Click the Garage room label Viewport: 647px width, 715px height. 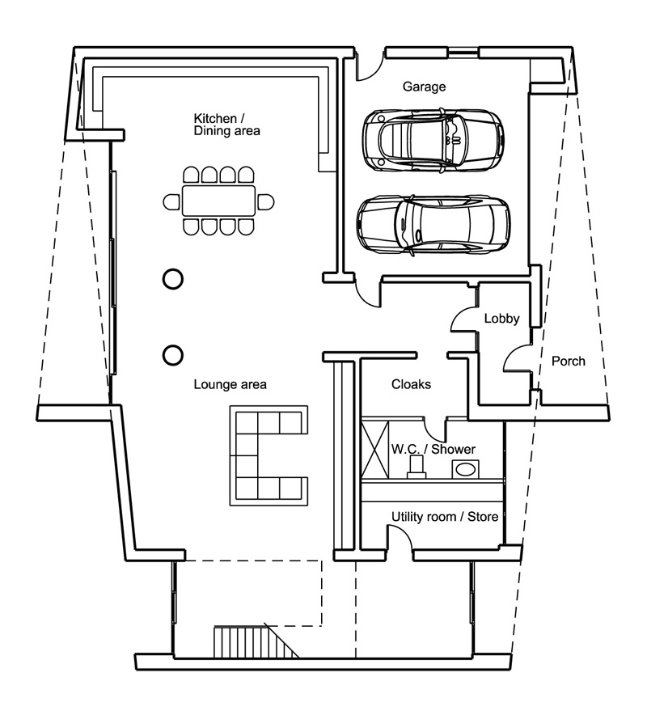pyautogui.click(x=424, y=87)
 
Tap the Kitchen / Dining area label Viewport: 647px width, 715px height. pyautogui.click(x=226, y=125)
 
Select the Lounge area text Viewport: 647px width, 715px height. pyautogui.click(x=230, y=384)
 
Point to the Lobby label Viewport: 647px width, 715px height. pyautogui.click(x=501, y=319)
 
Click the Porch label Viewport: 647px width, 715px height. pyautogui.click(x=568, y=362)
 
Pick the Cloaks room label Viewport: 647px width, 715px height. pyautogui.click(x=411, y=384)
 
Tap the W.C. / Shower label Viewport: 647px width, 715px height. pyautogui.click(x=433, y=449)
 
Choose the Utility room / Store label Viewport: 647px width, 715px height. pyautogui.click(x=445, y=517)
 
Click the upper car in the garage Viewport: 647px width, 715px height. pyautogui.click(x=433, y=140)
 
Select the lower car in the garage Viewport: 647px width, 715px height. pyautogui.click(x=433, y=224)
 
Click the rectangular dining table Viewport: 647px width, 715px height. pyautogui.click(x=218, y=201)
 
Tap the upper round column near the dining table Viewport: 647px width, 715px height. pyautogui.click(x=173, y=279)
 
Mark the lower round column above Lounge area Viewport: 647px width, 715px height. pyautogui.click(x=173, y=355)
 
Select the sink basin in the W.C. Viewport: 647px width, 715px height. pyautogui.click(x=465, y=469)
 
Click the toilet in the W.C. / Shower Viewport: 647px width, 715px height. pyautogui.click(x=416, y=467)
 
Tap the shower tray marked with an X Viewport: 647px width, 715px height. pyautogui.click(x=374, y=450)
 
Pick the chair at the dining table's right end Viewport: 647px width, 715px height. pyautogui.click(x=265, y=201)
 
